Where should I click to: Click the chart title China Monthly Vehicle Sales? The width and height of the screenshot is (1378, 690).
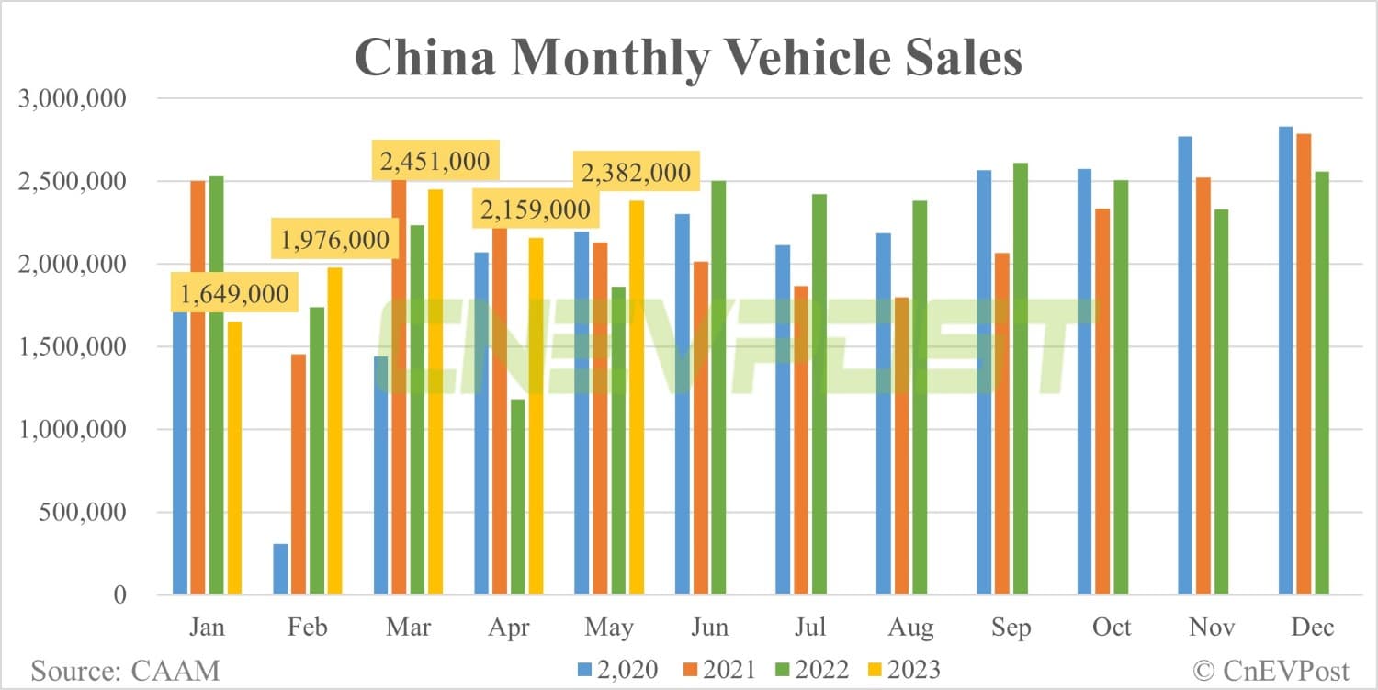tap(688, 57)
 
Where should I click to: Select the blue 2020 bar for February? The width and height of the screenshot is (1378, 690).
tap(280, 569)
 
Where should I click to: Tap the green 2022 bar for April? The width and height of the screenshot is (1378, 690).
tap(517, 496)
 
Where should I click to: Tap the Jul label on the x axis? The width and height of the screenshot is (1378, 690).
tap(810, 628)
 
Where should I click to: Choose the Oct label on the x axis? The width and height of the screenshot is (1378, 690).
tap(1111, 628)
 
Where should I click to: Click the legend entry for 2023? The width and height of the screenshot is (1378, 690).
tap(900, 669)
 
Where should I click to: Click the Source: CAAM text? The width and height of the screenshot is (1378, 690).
tap(126, 669)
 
